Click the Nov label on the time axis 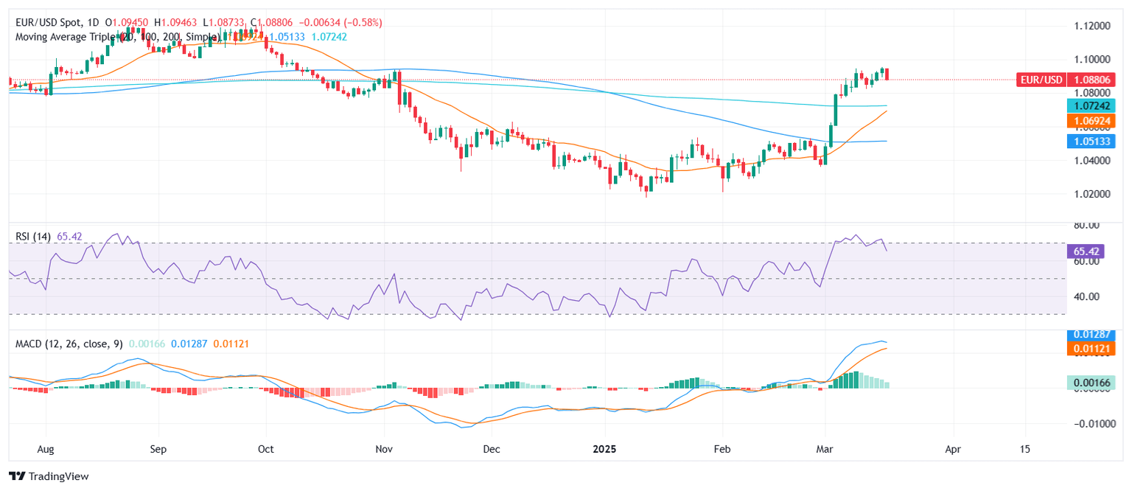[382, 448]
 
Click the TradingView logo [49, 476]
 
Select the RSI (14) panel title [33, 237]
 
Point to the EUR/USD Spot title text [48, 23]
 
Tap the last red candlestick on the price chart [887, 74]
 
